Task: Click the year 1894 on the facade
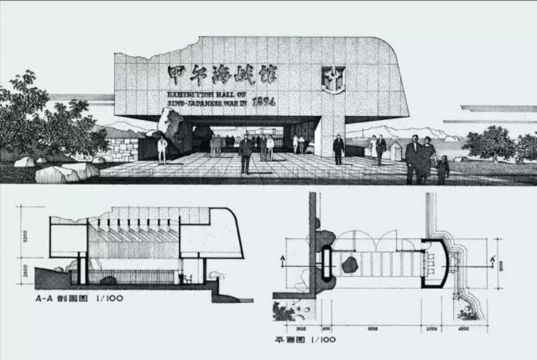[265, 101]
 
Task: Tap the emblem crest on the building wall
[333, 79]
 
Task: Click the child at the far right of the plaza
[443, 170]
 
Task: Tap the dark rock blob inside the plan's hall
[350, 264]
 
